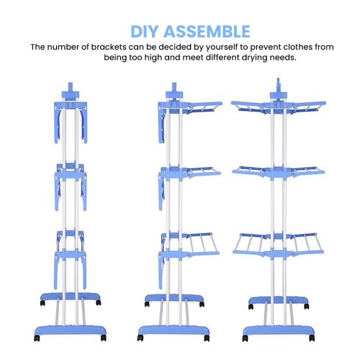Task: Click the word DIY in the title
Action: click(145, 32)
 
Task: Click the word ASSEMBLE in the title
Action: click(207, 32)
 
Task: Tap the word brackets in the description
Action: click(109, 47)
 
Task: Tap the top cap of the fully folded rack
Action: click(71, 91)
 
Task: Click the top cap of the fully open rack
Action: click(278, 89)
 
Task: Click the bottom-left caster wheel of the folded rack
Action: click(37, 338)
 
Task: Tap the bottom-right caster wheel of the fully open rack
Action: click(312, 338)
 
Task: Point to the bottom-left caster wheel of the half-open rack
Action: click(140, 338)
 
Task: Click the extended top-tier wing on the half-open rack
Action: click(204, 107)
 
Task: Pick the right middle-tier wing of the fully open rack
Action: click(307, 171)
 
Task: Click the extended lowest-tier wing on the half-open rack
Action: click(202, 244)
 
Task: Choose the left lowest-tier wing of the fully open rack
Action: click(250, 244)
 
